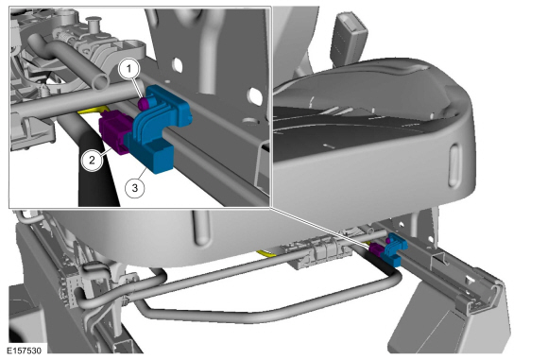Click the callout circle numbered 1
pyautogui.click(x=128, y=69)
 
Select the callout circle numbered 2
pyautogui.click(x=92, y=160)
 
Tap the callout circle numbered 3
pyautogui.click(x=135, y=188)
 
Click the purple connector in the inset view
pyautogui.click(x=115, y=131)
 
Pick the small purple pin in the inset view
pyautogui.click(x=144, y=103)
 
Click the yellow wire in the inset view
pyautogui.click(x=92, y=111)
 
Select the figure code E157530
pyautogui.click(x=25, y=351)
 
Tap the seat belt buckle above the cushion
pyautogui.click(x=350, y=38)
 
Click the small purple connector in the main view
pyautogui.click(x=377, y=249)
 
